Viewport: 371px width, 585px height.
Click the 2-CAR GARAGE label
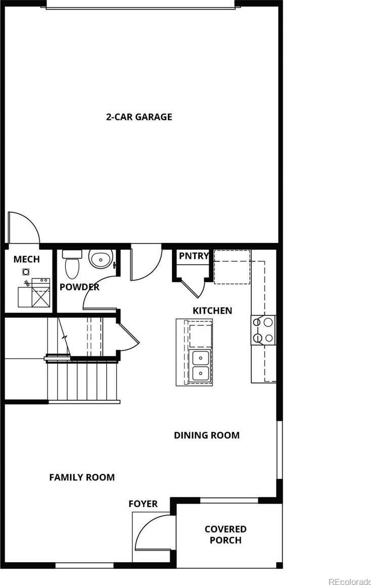point(139,117)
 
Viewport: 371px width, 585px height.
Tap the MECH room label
point(27,259)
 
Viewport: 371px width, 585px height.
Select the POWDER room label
point(79,287)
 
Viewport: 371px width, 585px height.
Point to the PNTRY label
point(194,256)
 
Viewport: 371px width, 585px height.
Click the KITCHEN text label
point(212,310)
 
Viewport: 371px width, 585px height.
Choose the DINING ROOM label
point(207,435)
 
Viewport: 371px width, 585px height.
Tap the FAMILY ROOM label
point(82,477)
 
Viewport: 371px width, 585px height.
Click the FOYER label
point(143,504)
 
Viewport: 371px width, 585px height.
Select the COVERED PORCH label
point(226,534)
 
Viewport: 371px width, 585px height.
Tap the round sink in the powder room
point(101,259)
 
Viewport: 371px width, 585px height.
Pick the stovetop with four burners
point(263,330)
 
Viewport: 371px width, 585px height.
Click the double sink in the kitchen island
point(200,366)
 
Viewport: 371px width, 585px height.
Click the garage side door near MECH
point(23,228)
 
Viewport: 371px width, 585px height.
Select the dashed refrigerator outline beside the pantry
point(232,267)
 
